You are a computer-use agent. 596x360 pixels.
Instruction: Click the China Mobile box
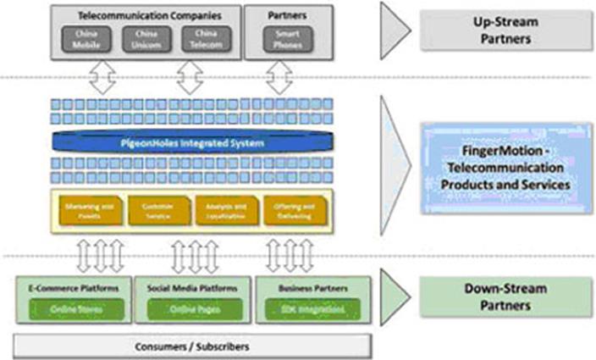(x=82, y=38)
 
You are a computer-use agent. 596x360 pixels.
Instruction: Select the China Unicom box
(x=140, y=38)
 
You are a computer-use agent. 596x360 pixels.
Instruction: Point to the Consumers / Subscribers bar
(x=191, y=346)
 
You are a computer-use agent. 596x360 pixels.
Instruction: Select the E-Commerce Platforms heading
(x=74, y=288)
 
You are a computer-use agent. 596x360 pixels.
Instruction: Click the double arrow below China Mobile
(x=101, y=79)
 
